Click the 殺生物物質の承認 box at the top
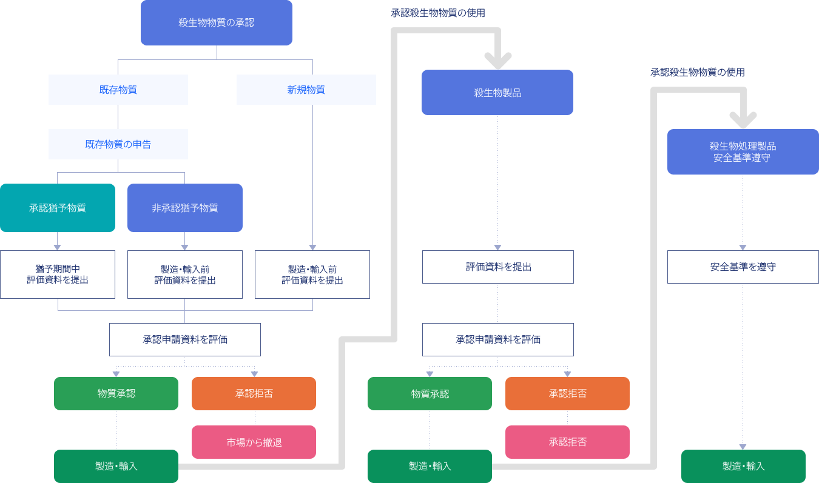coord(216,23)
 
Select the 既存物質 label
coord(118,90)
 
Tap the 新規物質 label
coord(306,90)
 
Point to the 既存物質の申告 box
coord(118,144)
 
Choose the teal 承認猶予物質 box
coord(58,208)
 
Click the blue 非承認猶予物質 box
coord(184,208)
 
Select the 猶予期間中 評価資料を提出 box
coord(58,275)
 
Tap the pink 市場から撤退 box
coord(254,442)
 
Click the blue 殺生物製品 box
coord(497,92)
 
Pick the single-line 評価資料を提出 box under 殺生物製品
coord(498,267)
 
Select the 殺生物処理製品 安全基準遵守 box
coord(743,152)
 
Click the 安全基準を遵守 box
coord(743,267)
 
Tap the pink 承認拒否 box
coord(567,442)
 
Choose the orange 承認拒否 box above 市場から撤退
coord(254,393)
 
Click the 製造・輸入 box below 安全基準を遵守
coord(743,465)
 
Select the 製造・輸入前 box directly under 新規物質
coord(312,275)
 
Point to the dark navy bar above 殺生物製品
coord(437,13)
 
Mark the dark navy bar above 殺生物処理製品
coord(697,72)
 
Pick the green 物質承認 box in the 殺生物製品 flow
coord(430,393)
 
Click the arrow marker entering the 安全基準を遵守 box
coord(743,247)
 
